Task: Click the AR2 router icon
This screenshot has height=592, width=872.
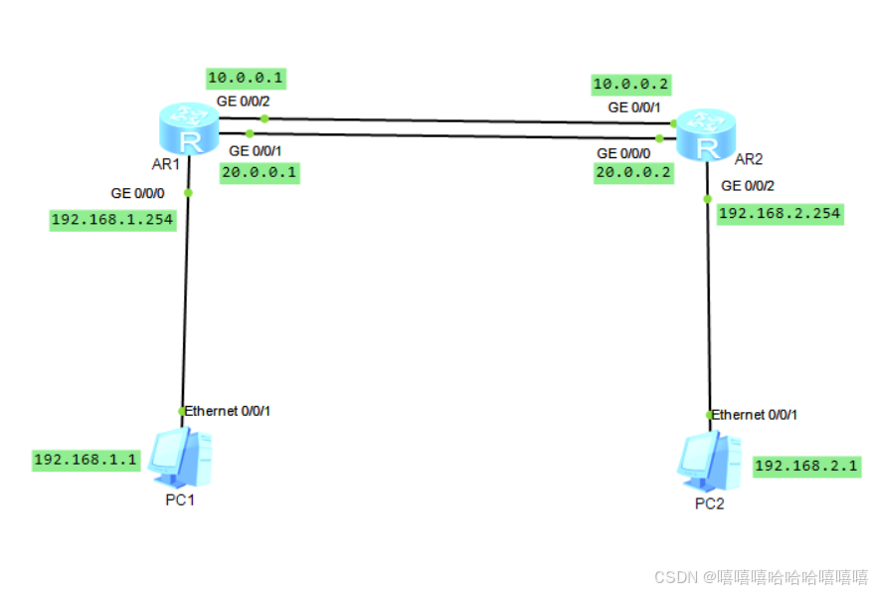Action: (705, 136)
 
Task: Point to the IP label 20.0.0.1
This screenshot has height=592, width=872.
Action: (259, 171)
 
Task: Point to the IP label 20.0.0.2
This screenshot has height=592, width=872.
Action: (632, 172)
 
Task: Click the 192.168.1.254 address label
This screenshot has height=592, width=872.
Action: (112, 220)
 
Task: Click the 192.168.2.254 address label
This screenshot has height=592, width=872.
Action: (780, 213)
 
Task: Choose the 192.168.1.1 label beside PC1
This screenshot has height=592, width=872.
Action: (87, 460)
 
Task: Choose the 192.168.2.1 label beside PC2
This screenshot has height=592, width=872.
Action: (806, 466)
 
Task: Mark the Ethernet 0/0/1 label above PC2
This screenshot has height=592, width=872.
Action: (755, 414)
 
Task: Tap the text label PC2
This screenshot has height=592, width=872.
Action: (709, 503)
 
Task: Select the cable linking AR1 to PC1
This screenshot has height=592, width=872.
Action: (185, 298)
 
